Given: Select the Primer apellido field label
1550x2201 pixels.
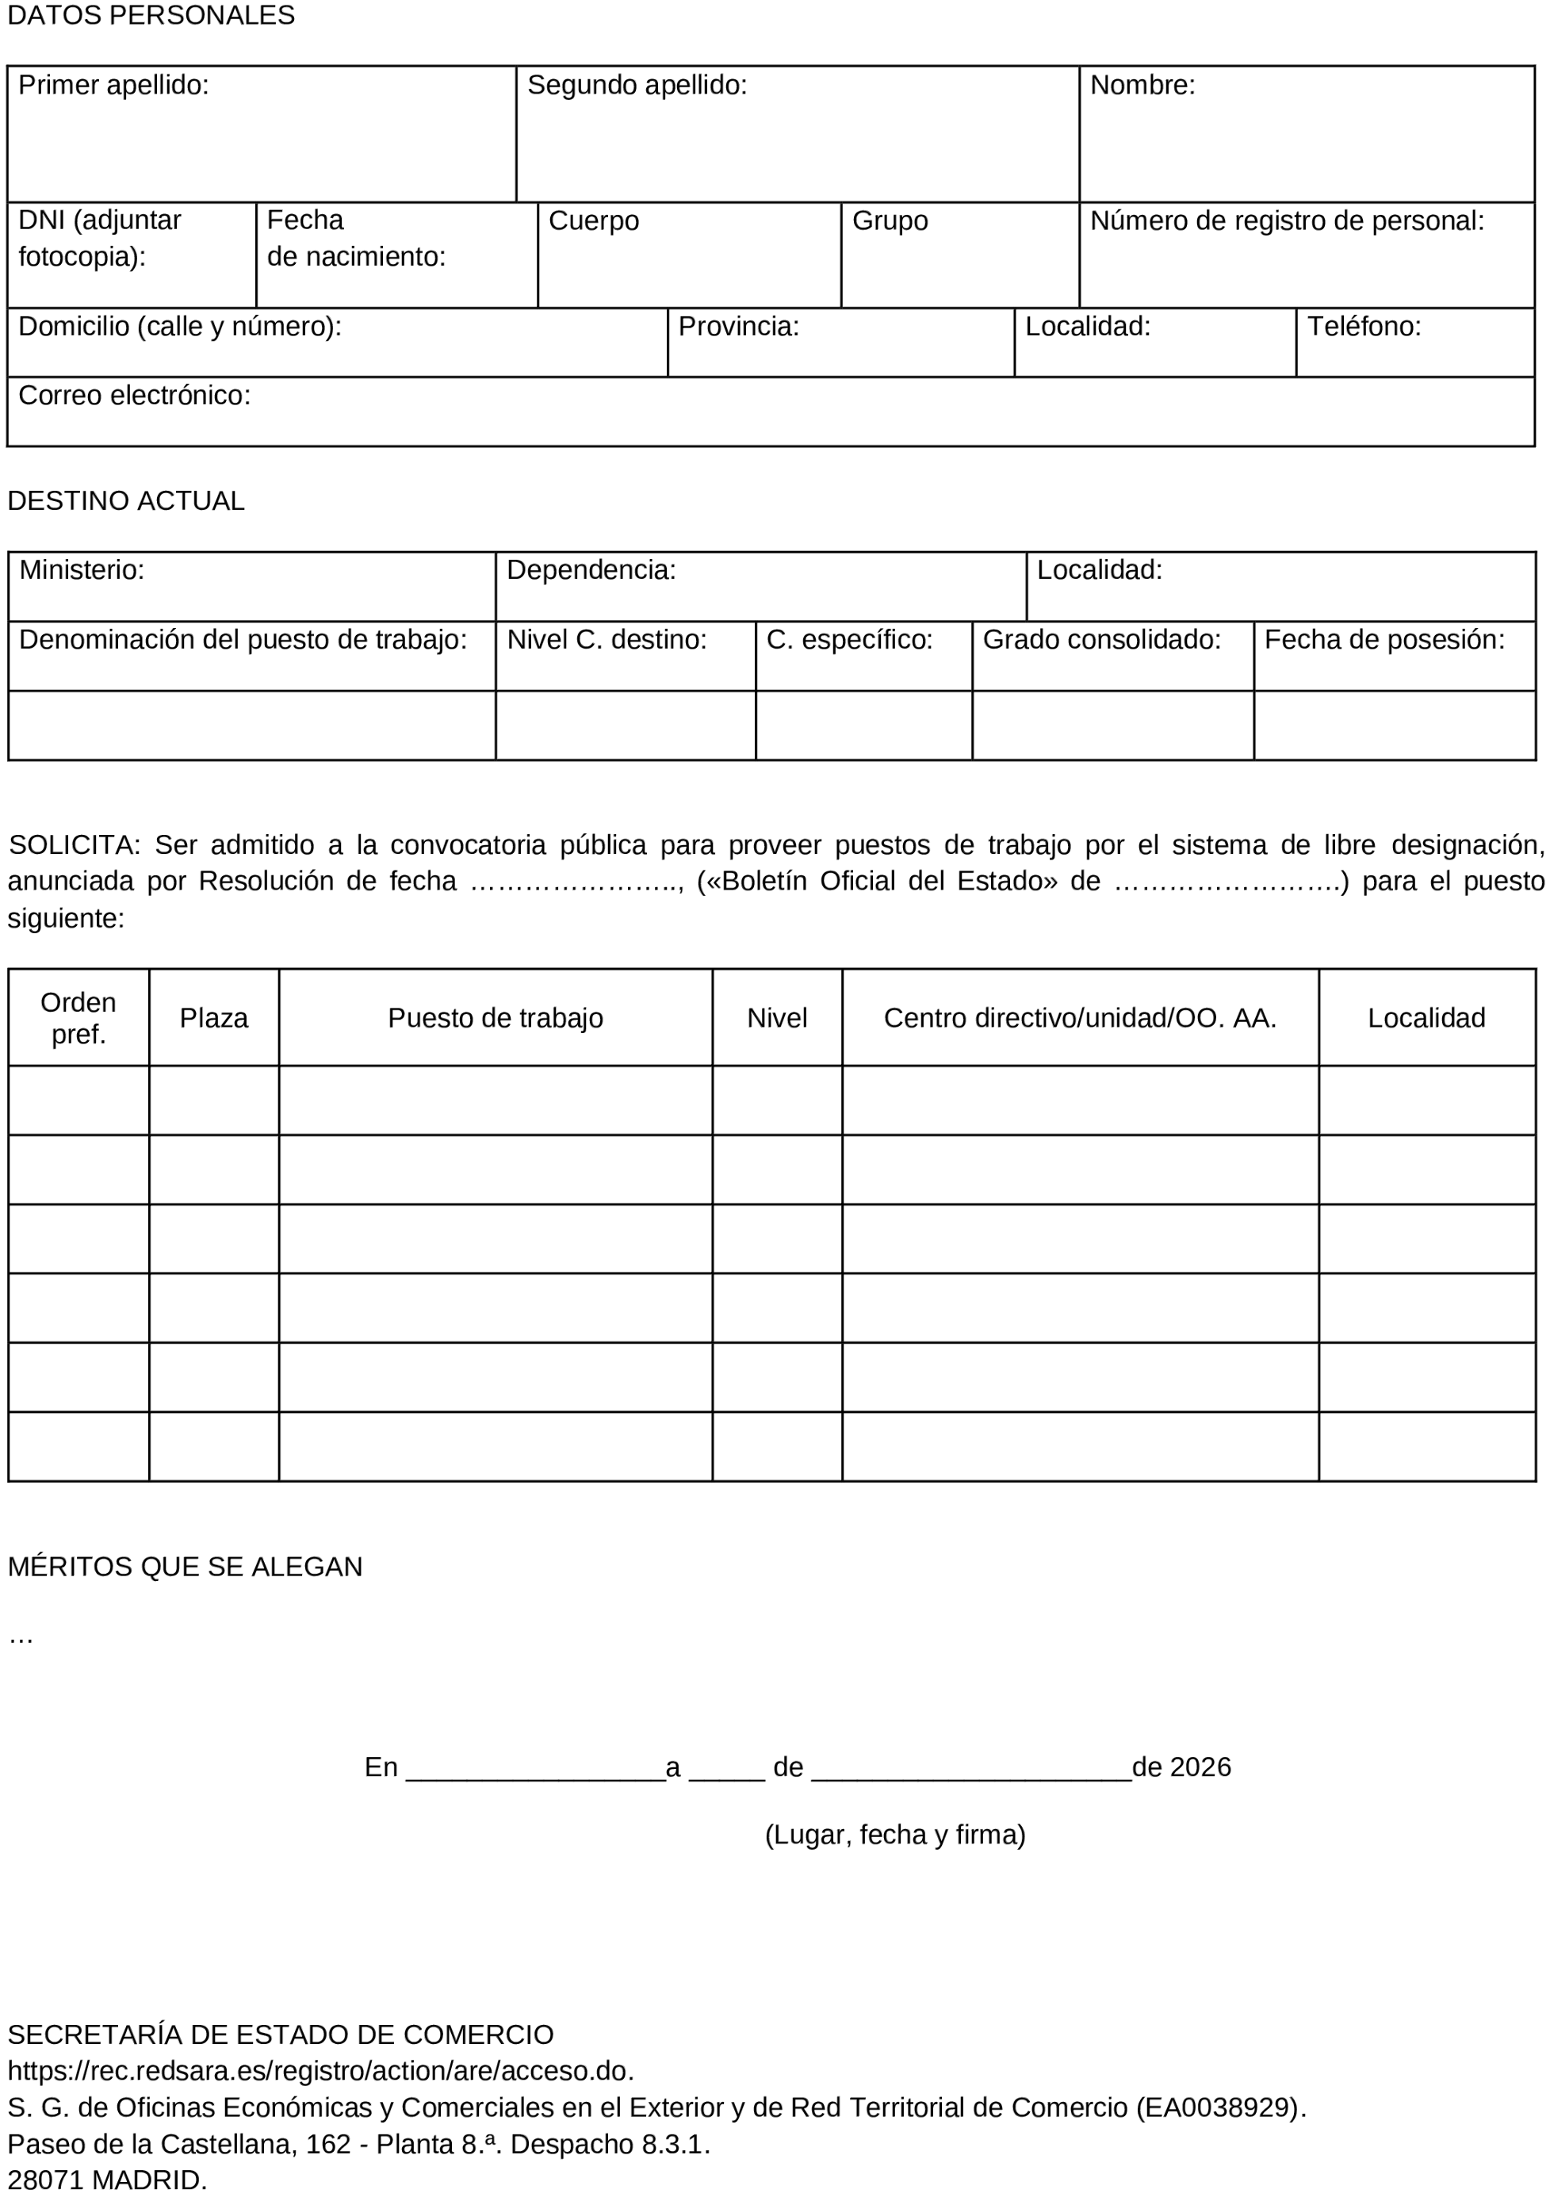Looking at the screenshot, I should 113,86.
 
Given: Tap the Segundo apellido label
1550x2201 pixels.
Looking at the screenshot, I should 637,86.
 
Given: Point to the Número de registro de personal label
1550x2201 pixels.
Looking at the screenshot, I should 1287,221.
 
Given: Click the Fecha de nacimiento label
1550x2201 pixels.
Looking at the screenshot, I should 356,239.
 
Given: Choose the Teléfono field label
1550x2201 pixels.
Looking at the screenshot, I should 1363,327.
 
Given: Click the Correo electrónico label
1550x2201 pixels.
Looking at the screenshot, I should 134,396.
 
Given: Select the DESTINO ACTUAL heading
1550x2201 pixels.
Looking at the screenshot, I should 125,501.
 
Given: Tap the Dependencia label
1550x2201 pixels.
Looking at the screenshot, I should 591,570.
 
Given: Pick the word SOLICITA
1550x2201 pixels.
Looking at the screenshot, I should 74,845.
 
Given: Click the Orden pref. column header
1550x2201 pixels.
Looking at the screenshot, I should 78,1018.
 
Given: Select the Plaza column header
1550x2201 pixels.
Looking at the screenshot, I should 214,1019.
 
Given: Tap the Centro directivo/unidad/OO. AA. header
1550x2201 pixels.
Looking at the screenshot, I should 1079,1019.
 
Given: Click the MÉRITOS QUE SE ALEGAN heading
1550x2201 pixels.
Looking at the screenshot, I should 185,1567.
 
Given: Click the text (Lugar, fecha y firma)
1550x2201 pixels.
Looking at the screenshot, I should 894,1835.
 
